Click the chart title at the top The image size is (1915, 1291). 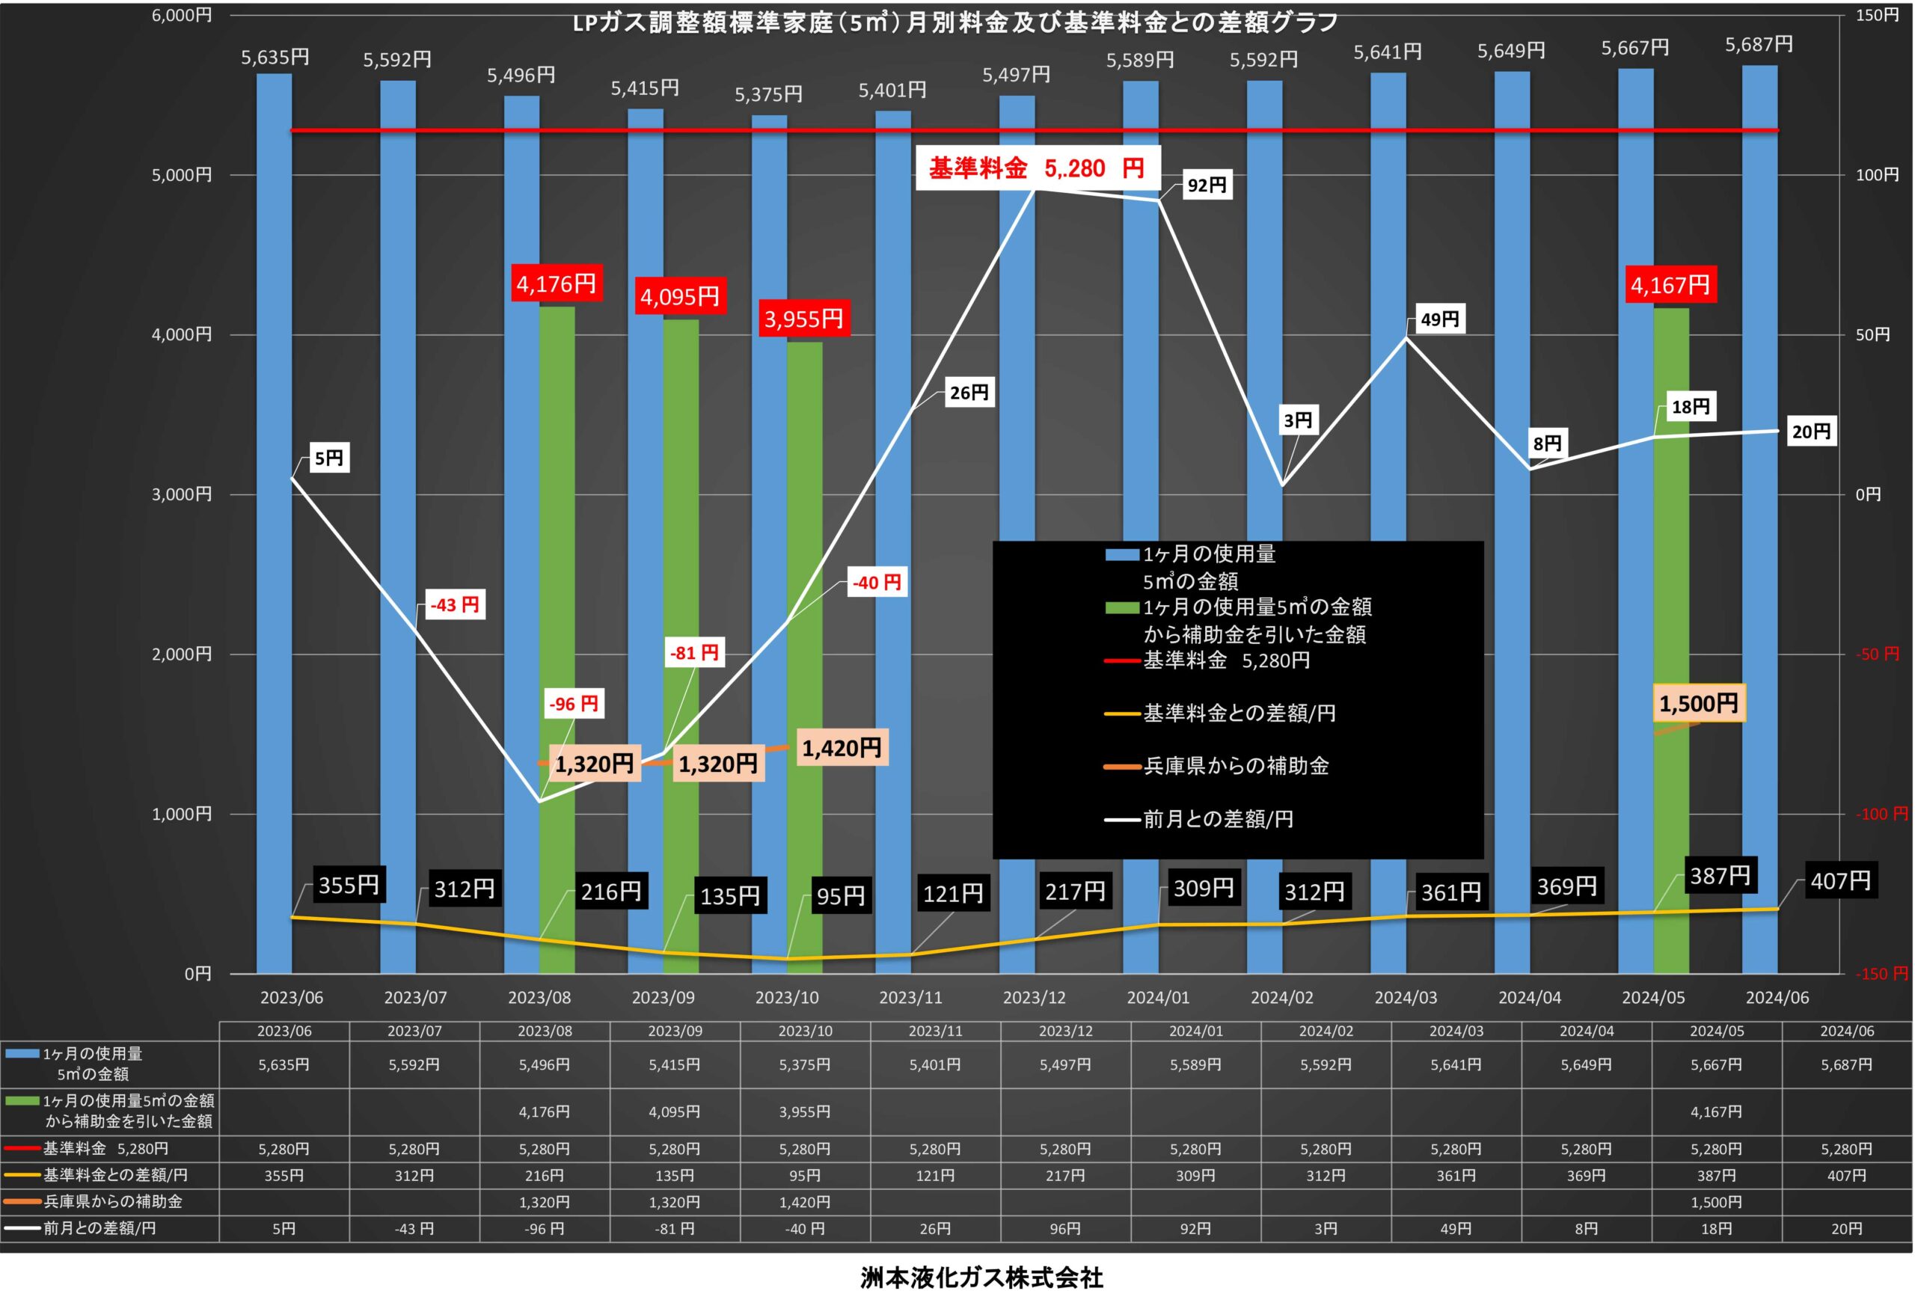[955, 22]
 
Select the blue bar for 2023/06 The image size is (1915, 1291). [275, 524]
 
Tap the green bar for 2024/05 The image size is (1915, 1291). [1671, 640]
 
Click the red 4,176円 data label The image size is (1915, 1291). [557, 284]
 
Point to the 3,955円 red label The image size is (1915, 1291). [803, 319]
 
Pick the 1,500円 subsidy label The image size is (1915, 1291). [1699, 703]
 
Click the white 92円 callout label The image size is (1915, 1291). [1207, 185]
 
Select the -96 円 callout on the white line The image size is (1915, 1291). [574, 704]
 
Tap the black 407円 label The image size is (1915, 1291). [1841, 881]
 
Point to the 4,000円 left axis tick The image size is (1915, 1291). [182, 334]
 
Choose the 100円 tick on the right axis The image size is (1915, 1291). [1877, 174]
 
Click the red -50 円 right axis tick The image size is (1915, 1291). [1877, 654]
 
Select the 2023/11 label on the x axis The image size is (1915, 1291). [910, 998]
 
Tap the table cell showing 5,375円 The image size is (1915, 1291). [804, 1064]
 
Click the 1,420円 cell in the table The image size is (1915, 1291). [804, 1202]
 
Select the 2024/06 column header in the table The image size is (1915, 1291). [1847, 1031]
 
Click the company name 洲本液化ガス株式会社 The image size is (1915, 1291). [981, 1276]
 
